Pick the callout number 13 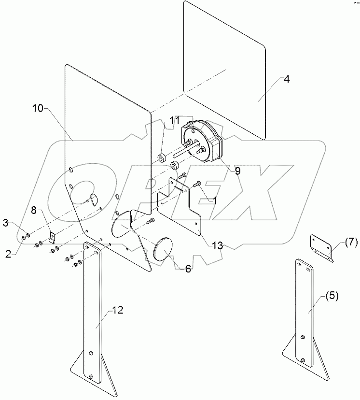(218, 246)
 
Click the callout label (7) (350, 242)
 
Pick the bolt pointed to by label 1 (198, 184)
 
